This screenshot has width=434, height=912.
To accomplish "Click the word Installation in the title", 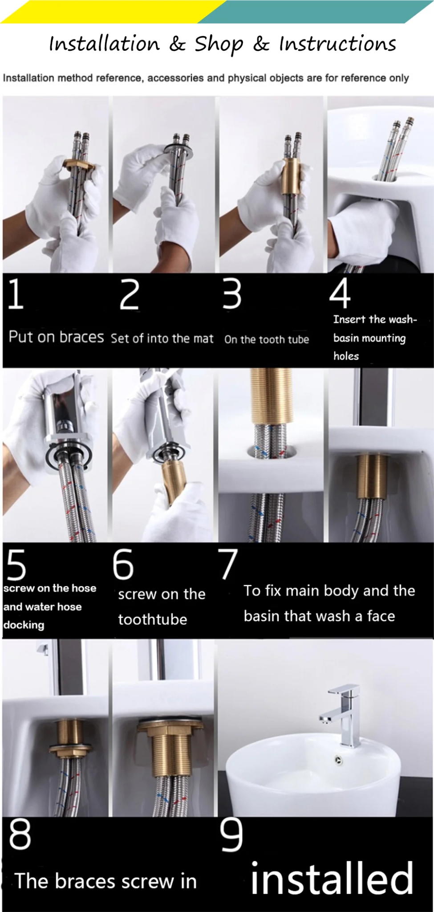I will click(104, 44).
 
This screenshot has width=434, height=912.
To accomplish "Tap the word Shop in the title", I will click(219, 44).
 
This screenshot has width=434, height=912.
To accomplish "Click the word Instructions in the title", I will click(337, 44).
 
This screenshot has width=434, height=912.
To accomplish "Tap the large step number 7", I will click(228, 564).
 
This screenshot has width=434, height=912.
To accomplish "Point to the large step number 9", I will click(231, 835).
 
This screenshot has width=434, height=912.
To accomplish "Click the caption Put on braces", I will click(56, 337).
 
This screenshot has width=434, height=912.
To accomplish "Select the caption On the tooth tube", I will click(266, 339).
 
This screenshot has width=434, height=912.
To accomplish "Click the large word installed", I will click(332, 878).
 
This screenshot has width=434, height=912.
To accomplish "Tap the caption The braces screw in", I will click(105, 881).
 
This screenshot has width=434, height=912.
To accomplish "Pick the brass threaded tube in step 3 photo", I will click(292, 176).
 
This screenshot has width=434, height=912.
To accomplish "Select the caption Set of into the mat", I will click(162, 338).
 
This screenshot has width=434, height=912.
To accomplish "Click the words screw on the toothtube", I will click(161, 607).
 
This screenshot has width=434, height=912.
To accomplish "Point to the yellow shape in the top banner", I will click(107, 11).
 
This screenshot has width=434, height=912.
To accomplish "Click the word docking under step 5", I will click(24, 625).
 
